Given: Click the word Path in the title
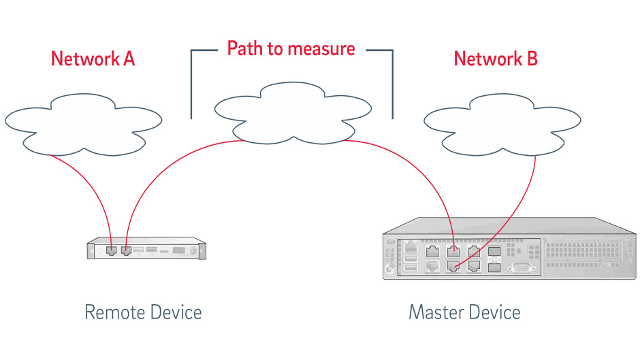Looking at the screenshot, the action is click(245, 48).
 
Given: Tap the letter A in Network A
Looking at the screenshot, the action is click(129, 59).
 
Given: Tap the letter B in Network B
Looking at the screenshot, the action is click(532, 59).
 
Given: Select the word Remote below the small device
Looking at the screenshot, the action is click(114, 312).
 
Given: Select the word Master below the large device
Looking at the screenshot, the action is click(436, 312).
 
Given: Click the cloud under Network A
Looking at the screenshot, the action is click(83, 125).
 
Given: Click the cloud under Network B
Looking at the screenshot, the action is click(502, 125).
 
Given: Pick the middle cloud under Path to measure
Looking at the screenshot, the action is click(293, 113).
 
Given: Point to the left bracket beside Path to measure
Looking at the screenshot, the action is click(191, 82).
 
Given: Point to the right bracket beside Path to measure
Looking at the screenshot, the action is click(392, 82).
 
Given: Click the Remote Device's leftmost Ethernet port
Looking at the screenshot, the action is click(112, 250).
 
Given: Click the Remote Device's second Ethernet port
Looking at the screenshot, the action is click(126, 250).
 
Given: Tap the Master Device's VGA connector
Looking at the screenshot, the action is click(521, 268).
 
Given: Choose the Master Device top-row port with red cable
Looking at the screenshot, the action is click(453, 251).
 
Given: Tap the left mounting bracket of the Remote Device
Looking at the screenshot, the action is click(91, 250).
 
